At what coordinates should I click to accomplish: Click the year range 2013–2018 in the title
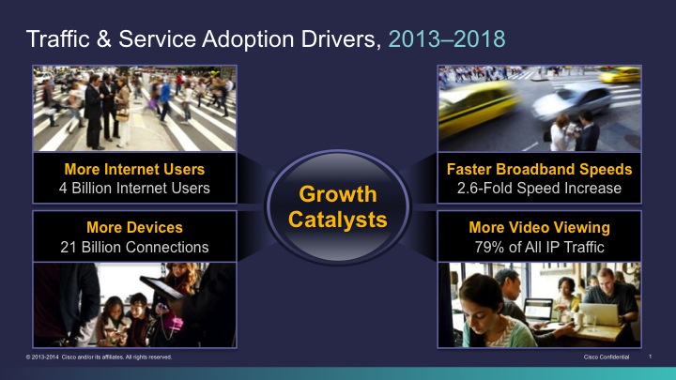pos(447,39)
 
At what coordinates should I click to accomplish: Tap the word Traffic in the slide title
pos(58,38)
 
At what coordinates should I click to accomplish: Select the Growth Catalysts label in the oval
pos(338,206)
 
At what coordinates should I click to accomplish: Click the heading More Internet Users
pos(134,169)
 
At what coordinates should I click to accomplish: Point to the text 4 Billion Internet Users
pos(134,189)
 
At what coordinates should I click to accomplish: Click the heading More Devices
pos(134,227)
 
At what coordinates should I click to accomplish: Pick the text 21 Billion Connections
pos(134,248)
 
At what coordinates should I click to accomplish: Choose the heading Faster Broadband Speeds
pos(539,169)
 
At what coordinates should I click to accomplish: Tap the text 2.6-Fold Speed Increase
pos(539,189)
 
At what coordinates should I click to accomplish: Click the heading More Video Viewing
pos(539,227)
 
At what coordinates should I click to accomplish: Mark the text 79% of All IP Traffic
pos(539,248)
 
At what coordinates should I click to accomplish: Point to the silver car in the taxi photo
pos(572,101)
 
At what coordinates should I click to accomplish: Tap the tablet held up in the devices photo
pos(161,288)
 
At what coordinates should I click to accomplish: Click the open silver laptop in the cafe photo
pos(600,314)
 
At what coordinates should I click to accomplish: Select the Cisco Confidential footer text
pos(607,357)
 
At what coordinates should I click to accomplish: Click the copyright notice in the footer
pos(99,357)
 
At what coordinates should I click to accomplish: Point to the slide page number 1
pos(650,357)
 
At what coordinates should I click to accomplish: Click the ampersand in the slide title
pos(104,39)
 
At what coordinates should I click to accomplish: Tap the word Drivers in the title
pos(341,39)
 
